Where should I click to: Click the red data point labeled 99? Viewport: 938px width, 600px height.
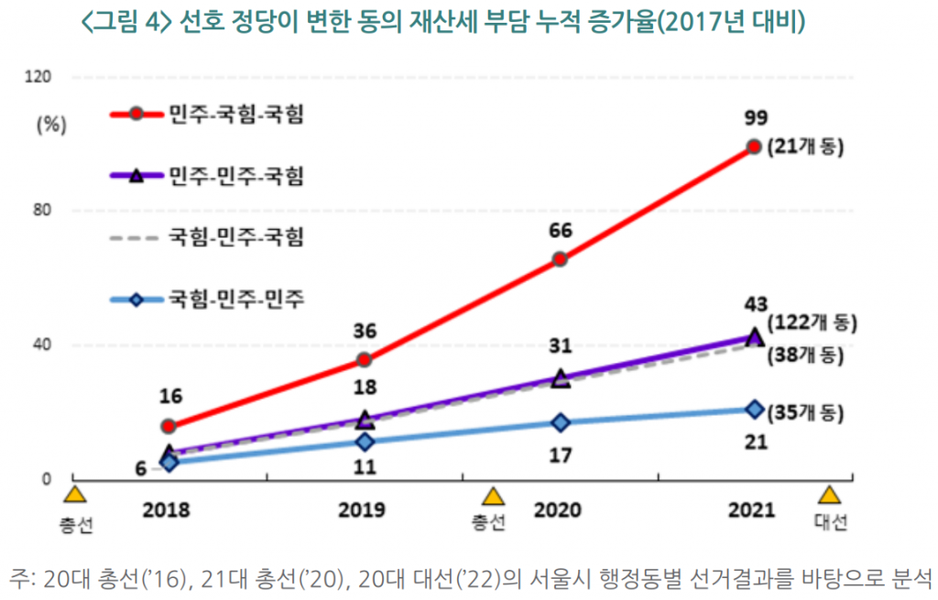coord(754,147)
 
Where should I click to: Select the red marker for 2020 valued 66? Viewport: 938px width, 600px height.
coord(560,259)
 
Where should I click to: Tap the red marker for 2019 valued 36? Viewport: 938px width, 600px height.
coord(364,360)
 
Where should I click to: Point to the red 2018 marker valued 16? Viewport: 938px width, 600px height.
coord(169,426)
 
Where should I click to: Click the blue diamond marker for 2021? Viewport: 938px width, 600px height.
coord(754,409)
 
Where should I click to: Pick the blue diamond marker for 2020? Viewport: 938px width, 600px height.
coord(560,422)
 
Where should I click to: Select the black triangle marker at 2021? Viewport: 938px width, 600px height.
coord(754,336)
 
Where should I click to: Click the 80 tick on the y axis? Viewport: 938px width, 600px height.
coord(42,211)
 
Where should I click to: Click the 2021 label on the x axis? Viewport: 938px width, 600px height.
coord(754,510)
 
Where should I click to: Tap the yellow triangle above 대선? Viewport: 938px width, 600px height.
coord(830,496)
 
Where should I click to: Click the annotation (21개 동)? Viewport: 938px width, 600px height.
coord(805,147)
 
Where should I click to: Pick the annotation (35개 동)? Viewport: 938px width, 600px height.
coord(805,412)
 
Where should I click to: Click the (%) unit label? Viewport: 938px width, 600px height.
coord(52,125)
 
